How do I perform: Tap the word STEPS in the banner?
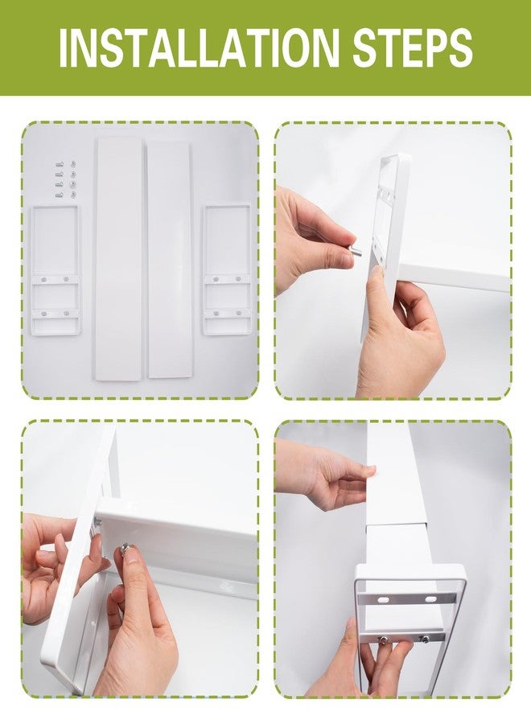[x=414, y=47]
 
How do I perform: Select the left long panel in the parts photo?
[x=118, y=258]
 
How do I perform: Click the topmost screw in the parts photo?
[x=59, y=163]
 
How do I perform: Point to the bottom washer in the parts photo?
[x=73, y=195]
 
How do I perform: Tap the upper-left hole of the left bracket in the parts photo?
[x=43, y=279]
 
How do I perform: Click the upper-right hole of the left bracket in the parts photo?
[x=66, y=279]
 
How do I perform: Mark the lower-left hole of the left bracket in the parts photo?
[x=43, y=314]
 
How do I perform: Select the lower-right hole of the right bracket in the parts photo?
[x=238, y=313]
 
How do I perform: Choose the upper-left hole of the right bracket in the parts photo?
[x=216, y=279]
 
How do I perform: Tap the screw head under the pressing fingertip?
[x=126, y=548]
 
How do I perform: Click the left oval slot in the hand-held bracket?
[x=384, y=599]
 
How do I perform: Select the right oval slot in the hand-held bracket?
[x=430, y=599]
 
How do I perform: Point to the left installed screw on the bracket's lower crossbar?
[x=383, y=639]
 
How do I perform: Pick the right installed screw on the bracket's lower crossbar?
[x=424, y=639]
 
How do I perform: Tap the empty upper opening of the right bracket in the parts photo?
[x=227, y=241]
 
